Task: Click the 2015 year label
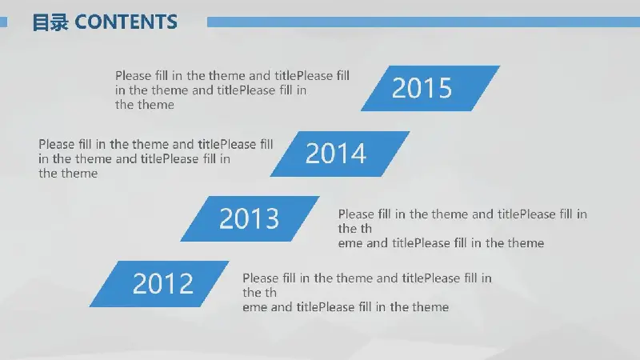(x=422, y=88)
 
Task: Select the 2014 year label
(x=335, y=154)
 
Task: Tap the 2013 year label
(x=249, y=218)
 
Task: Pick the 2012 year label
(x=163, y=284)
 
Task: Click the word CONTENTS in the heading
(x=126, y=22)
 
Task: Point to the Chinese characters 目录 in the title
(x=50, y=22)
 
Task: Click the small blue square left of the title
(x=4, y=22)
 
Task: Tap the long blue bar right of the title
(x=423, y=22)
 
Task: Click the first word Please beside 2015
(x=133, y=75)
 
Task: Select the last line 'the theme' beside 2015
(x=145, y=105)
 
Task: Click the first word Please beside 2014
(x=57, y=144)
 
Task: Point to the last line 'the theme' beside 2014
(x=68, y=174)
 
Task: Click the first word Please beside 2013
(x=356, y=214)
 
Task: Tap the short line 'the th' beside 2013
(x=354, y=229)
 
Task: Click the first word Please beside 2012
(x=261, y=278)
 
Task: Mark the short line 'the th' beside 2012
(x=259, y=293)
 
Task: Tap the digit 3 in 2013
(x=272, y=218)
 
